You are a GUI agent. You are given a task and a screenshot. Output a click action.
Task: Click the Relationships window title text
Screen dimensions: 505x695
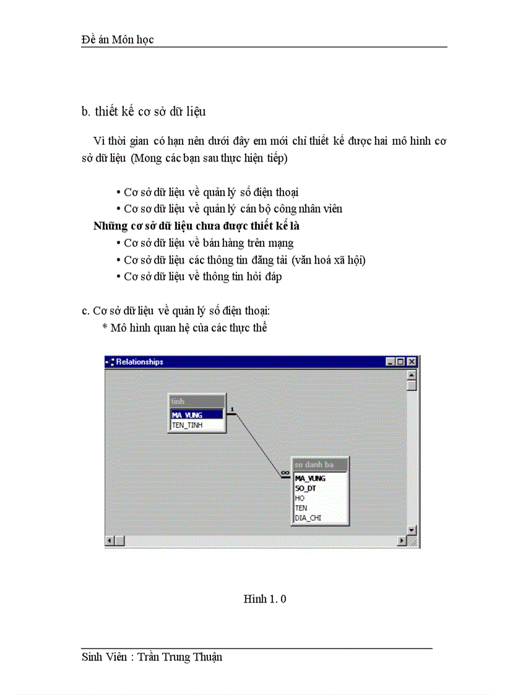139,362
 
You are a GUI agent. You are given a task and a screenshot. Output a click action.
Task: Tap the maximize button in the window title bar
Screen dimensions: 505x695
400,362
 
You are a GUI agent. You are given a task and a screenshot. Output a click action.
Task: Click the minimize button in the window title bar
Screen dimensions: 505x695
390,362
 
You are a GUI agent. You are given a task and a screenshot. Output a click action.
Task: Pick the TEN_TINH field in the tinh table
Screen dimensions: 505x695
188,425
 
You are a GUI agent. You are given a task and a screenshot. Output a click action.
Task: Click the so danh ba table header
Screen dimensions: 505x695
319,465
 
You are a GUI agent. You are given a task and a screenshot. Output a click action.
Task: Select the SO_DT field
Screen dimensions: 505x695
306,488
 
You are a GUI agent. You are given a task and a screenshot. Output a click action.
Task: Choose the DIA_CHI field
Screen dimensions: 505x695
308,518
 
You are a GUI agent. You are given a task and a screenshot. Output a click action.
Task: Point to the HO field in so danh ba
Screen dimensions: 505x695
300,498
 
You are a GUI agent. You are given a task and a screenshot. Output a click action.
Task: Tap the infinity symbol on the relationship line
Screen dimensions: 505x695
285,473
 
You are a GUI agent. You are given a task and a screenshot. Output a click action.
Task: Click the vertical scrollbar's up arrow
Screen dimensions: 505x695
412,374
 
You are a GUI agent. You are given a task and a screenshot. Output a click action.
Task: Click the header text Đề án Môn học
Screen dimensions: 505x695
118,40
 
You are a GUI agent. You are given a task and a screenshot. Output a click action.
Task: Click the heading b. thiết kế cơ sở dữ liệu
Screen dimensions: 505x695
144,112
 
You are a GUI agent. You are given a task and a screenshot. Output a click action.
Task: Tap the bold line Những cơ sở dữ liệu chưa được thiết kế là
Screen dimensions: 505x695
196,226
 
